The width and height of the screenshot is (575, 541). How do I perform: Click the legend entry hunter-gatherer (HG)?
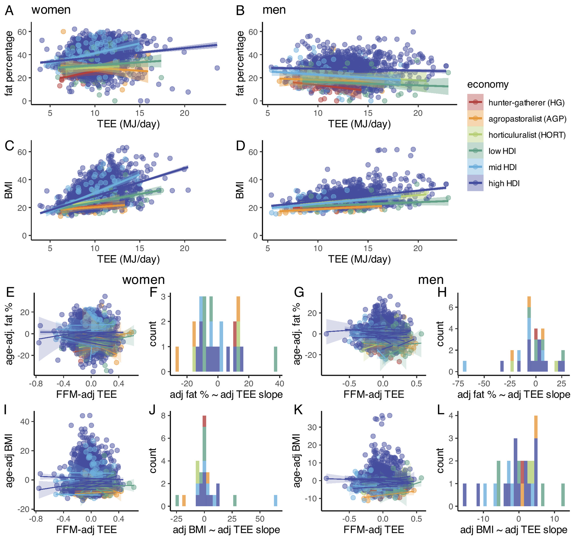(x=526, y=102)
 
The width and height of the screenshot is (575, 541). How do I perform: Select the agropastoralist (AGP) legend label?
(x=527, y=119)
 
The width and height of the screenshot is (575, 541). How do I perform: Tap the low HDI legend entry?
(x=502, y=151)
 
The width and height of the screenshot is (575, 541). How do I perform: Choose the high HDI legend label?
(x=504, y=183)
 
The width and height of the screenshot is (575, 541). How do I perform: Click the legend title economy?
(x=488, y=84)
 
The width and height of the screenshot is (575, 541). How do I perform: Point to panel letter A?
(x=9, y=11)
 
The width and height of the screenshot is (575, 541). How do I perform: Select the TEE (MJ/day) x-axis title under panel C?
(x=128, y=259)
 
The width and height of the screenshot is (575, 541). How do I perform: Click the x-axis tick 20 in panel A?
(x=184, y=113)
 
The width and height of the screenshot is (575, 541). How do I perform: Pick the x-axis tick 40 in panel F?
(x=280, y=383)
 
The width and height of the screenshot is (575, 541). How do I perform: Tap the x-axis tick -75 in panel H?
(x=458, y=383)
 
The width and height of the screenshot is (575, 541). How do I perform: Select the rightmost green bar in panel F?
(x=276, y=359)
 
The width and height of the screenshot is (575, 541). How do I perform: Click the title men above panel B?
(x=274, y=10)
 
